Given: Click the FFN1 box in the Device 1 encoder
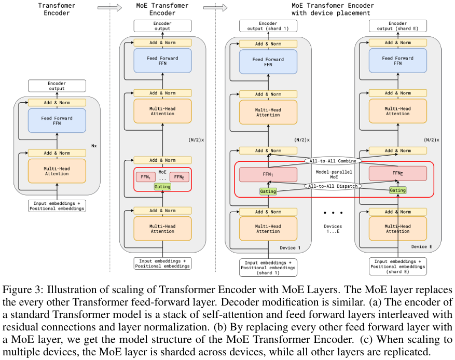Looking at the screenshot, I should (268, 174).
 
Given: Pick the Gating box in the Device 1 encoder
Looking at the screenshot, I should (268, 191).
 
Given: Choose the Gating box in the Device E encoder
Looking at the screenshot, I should (397, 190).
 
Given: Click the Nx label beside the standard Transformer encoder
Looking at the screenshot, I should (94, 146).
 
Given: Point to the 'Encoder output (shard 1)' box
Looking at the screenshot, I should (268, 26).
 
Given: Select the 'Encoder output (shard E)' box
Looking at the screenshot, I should (397, 26).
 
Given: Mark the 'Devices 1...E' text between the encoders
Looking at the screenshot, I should (333, 230).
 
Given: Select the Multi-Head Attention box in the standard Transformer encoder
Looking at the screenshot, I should (57, 171).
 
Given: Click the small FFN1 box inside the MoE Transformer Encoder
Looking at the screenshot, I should (144, 177).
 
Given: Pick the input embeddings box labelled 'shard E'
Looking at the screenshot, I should (397, 266).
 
